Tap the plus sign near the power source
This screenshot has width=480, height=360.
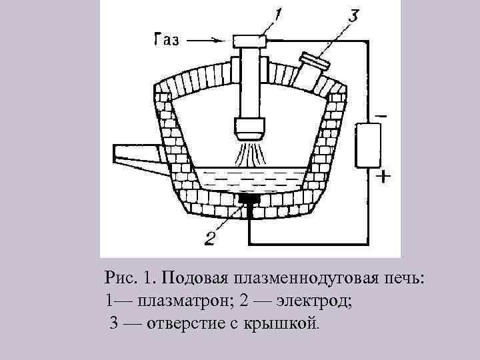click(383, 177)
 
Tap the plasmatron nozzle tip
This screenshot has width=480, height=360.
click(251, 127)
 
